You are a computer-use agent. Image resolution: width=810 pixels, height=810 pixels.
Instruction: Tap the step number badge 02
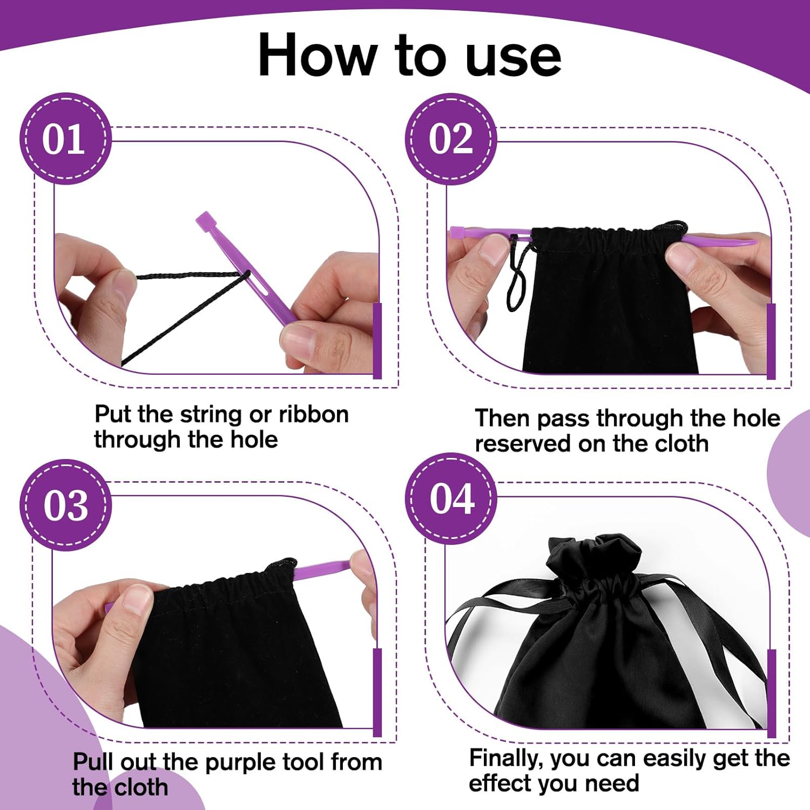[x=451, y=139]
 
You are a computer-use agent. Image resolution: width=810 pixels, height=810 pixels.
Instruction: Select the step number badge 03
[x=65, y=505]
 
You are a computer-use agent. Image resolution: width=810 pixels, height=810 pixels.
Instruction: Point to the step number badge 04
[x=451, y=498]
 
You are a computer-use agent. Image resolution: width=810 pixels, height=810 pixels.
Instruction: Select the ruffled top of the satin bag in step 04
[x=594, y=556]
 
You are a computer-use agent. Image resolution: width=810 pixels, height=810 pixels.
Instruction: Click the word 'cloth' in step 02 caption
[x=681, y=444]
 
